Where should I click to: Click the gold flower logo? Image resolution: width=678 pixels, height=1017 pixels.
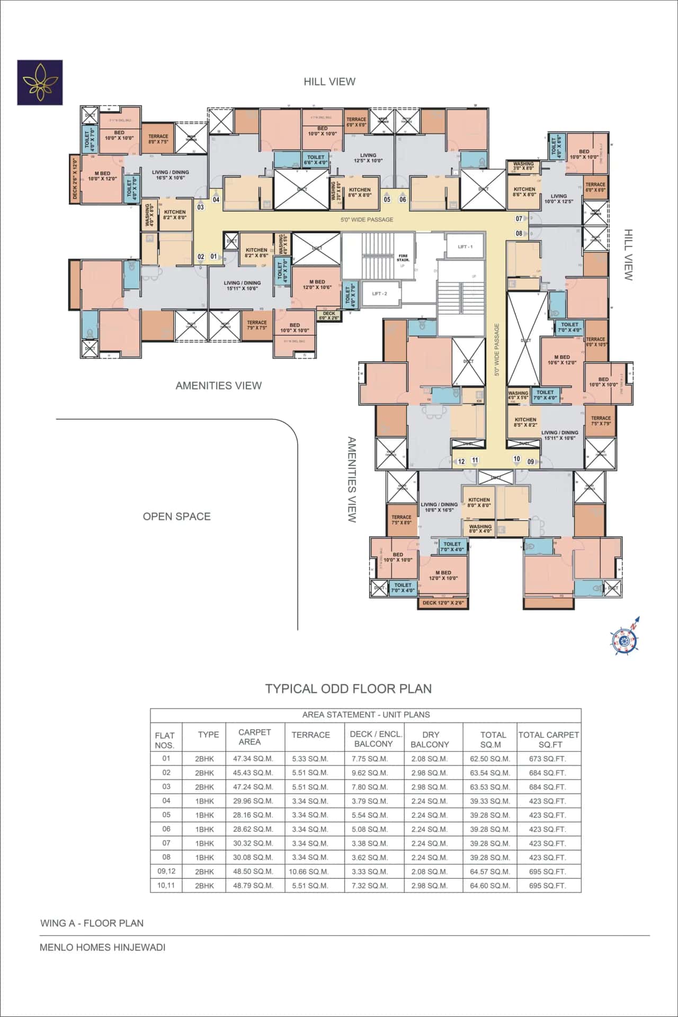pyautogui.click(x=40, y=82)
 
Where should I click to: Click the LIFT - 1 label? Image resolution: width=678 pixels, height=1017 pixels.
pyautogui.click(x=465, y=247)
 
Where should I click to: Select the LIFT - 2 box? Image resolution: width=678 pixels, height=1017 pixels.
pyautogui.click(x=379, y=294)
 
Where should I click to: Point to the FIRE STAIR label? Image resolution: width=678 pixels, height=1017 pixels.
pyautogui.click(x=403, y=258)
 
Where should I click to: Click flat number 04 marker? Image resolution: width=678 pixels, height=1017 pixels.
pyautogui.click(x=216, y=200)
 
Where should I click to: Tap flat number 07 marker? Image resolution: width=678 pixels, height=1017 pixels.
pyautogui.click(x=519, y=218)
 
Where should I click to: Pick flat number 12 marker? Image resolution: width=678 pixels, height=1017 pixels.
pyautogui.click(x=461, y=462)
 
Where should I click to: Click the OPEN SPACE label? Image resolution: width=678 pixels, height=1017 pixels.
pyautogui.click(x=176, y=516)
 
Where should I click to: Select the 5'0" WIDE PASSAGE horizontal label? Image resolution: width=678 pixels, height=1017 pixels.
pyautogui.click(x=367, y=219)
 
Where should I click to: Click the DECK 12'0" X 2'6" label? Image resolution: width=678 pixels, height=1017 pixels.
pyautogui.click(x=443, y=603)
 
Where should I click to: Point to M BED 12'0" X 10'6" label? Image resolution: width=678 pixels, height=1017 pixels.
pyautogui.click(x=317, y=285)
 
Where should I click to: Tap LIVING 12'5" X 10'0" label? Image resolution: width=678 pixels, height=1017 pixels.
pyautogui.click(x=368, y=158)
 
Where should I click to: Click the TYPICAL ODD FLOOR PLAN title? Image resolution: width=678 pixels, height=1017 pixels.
pyautogui.click(x=348, y=688)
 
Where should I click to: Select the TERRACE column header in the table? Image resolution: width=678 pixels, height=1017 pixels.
pyautogui.click(x=310, y=735)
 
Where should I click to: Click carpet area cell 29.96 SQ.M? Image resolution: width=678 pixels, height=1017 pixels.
pyautogui.click(x=253, y=801)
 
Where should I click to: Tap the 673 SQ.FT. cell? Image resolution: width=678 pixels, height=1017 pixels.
pyautogui.click(x=547, y=758)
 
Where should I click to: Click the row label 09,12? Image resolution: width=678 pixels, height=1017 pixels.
pyautogui.click(x=166, y=871)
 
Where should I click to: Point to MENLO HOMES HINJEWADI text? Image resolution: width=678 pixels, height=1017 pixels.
pyautogui.click(x=102, y=947)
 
